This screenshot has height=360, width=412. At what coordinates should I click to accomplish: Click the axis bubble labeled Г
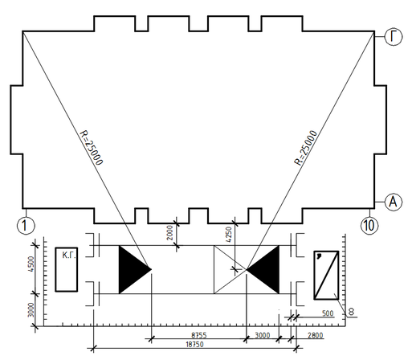[394, 37]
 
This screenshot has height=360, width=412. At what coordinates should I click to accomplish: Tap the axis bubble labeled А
[394, 202]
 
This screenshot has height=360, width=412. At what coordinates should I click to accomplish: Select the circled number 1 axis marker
[26, 225]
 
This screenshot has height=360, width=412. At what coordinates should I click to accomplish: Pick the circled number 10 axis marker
[369, 225]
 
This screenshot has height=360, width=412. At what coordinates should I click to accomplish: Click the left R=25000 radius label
[92, 148]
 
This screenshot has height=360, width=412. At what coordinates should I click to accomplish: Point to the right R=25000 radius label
[305, 148]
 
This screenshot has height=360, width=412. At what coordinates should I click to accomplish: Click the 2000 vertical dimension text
[169, 233]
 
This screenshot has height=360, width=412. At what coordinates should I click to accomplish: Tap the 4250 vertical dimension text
[229, 235]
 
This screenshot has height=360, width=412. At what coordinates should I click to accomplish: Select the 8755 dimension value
[199, 335]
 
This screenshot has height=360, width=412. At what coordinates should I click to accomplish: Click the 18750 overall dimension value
[194, 345]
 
